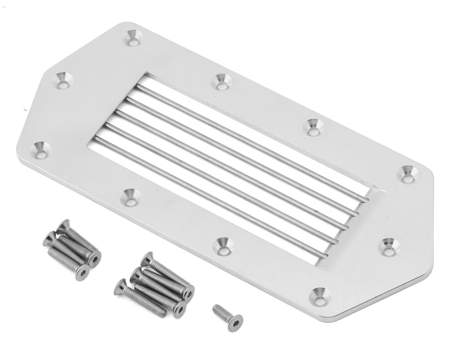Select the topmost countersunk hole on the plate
click(133, 38)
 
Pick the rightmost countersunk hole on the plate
click(406, 174)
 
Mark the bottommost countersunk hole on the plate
click(320, 296)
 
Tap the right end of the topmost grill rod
click(366, 200)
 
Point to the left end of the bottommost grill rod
click(96, 139)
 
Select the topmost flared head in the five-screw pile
click(147, 258)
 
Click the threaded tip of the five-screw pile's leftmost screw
click(162, 313)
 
